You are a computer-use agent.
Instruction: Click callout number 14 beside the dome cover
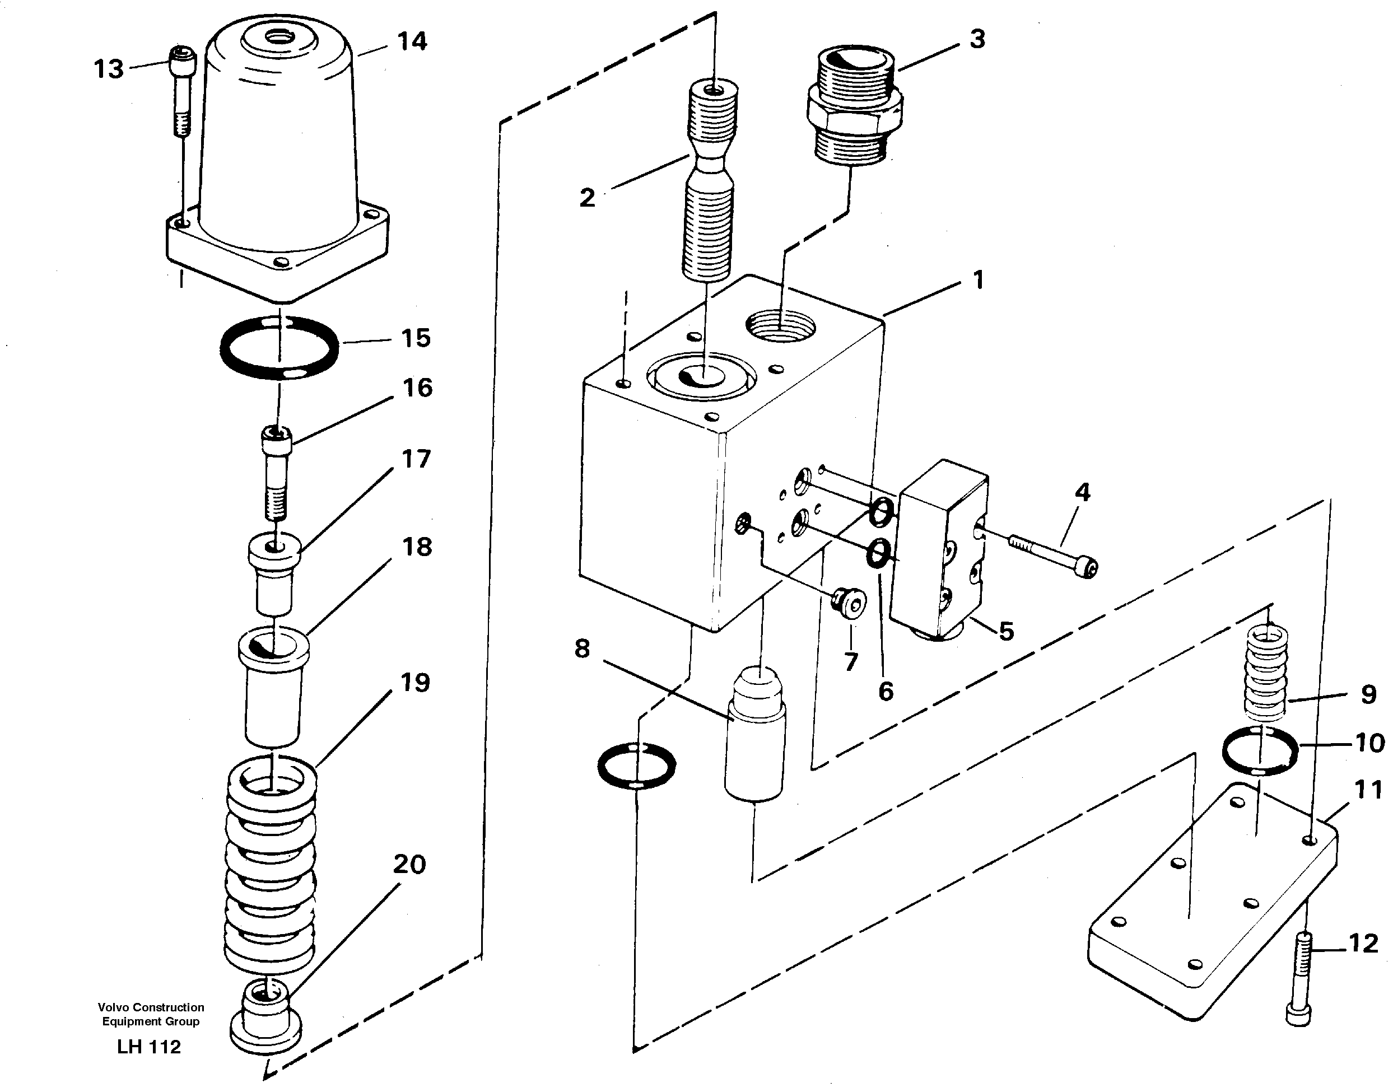click(x=412, y=41)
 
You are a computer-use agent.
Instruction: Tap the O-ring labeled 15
click(x=279, y=348)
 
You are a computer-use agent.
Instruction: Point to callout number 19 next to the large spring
click(x=415, y=683)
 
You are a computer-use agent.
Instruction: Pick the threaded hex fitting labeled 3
click(x=854, y=112)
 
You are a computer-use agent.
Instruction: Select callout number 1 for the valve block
click(x=978, y=280)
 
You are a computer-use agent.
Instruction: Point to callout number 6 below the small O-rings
click(x=885, y=691)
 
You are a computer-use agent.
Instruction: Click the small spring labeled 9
click(x=1266, y=671)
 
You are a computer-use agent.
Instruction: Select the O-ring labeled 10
click(x=1259, y=750)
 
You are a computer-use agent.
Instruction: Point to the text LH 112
click(x=150, y=1047)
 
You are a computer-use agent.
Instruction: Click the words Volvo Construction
click(x=151, y=1007)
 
